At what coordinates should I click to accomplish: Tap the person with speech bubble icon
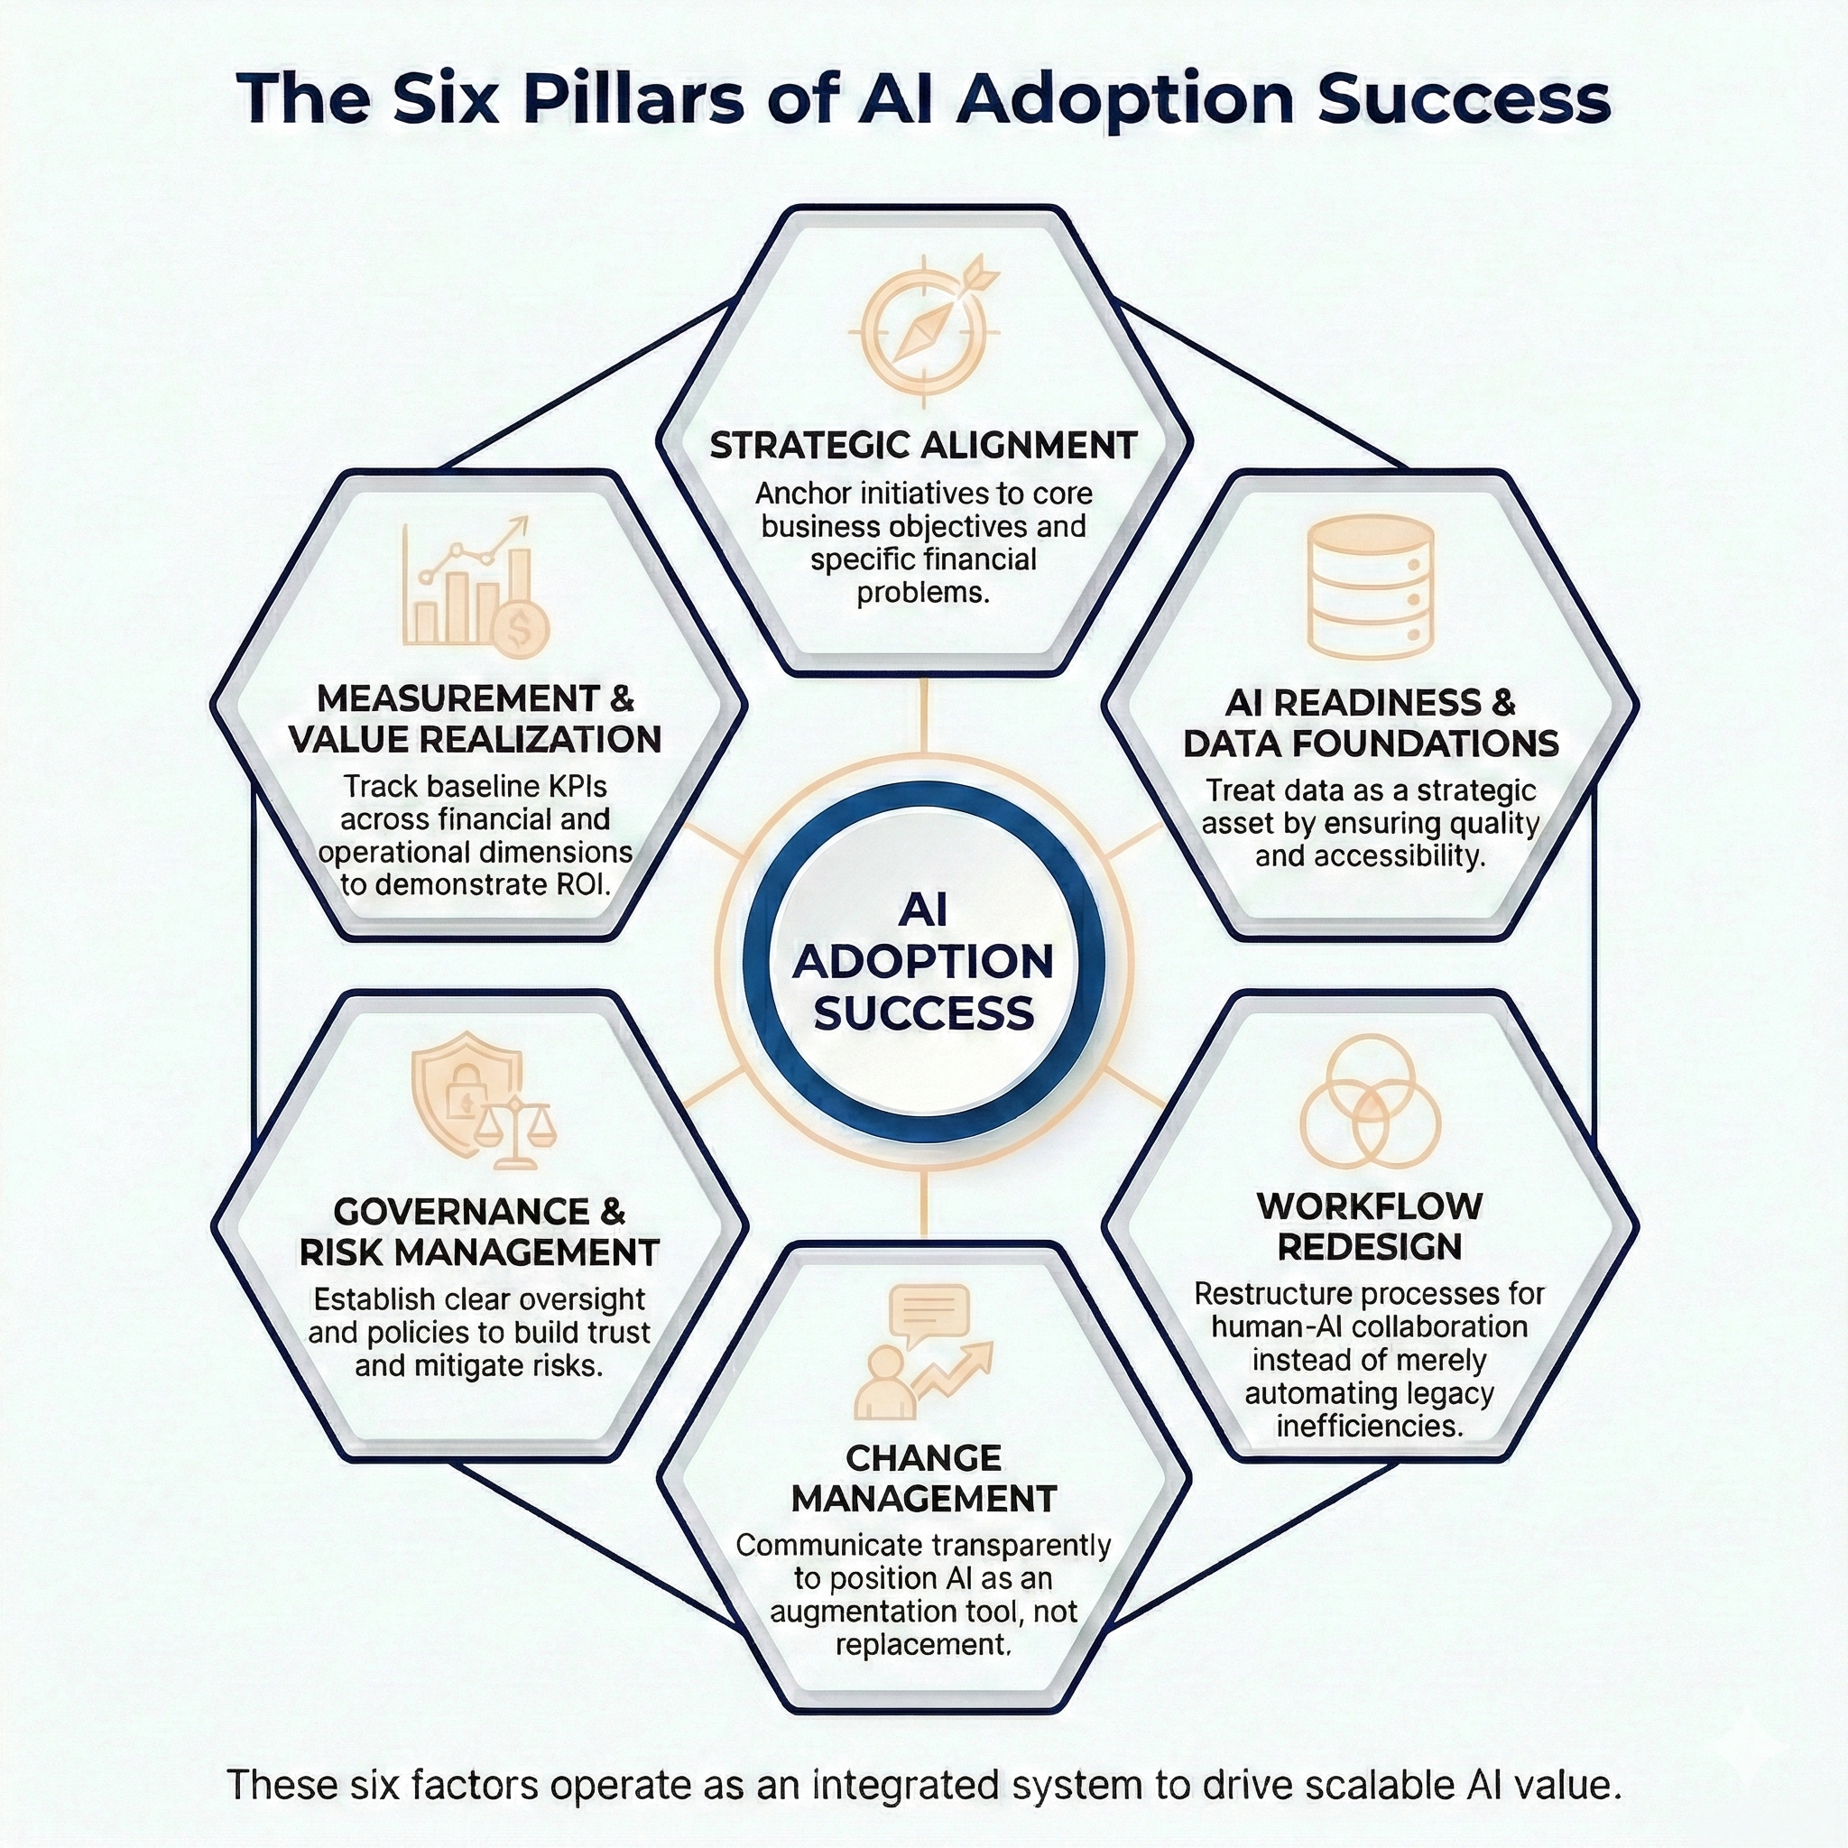924,1353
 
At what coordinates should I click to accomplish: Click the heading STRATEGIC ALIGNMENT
924,446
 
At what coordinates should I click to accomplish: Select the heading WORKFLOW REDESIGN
1370,1226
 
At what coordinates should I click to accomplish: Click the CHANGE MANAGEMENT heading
924,1479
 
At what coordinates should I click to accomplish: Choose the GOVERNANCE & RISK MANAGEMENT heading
479,1232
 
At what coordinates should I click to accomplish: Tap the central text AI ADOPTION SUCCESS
924,961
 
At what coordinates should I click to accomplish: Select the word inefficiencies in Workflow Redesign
1370,1427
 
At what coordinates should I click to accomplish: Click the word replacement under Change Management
923,1644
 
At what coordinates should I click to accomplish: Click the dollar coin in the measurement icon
522,630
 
